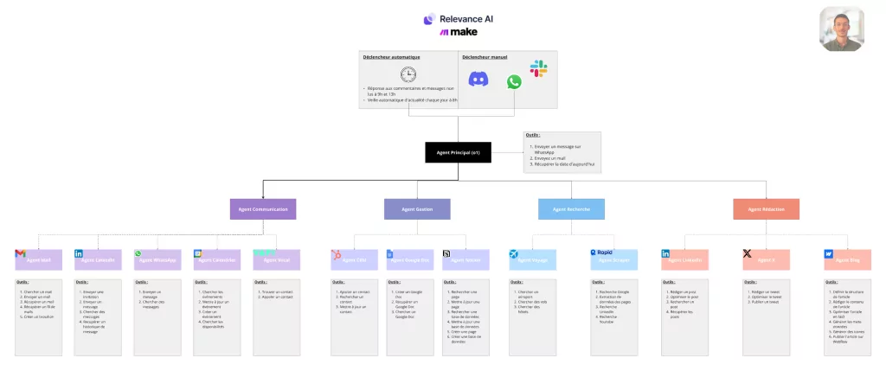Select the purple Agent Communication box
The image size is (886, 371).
point(263,208)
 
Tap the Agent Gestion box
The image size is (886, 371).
point(417,208)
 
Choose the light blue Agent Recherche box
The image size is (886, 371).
point(571,208)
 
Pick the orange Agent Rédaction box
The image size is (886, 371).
point(767,208)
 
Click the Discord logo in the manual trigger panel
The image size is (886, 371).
point(478,80)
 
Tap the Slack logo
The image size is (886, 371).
point(538,67)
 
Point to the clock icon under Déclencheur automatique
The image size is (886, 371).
point(408,74)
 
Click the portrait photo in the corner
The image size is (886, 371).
point(842,29)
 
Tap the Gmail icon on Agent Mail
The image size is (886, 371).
point(21,254)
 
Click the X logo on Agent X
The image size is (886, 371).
point(748,254)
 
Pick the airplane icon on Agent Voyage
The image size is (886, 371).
point(515,254)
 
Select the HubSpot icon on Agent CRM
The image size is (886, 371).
point(336,254)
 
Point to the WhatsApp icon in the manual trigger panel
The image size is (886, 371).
point(515,81)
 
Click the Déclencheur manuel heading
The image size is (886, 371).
point(485,57)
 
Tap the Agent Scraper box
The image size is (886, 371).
point(613,259)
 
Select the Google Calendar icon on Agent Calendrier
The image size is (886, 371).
point(197,254)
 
